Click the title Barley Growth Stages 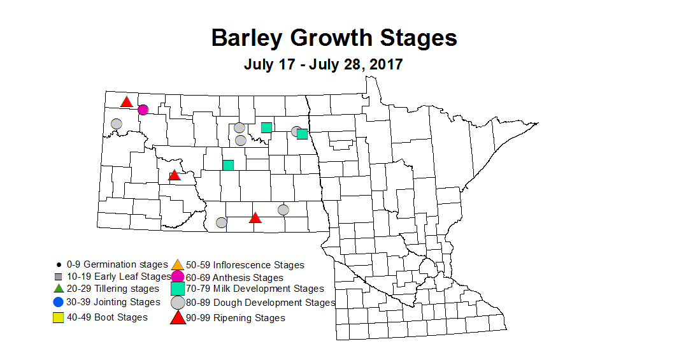coord(334,38)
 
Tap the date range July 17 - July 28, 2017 coord(323,64)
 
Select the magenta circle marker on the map coord(143,110)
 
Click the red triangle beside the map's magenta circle coord(127,102)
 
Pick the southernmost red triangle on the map coord(255,218)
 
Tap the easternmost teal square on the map coord(302,134)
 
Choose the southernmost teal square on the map coord(228,165)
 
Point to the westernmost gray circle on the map coord(117,124)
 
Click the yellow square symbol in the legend coord(58,317)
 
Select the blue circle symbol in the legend coord(58,302)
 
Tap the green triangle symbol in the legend coord(58,289)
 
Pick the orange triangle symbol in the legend coord(177,264)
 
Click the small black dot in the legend coord(58,264)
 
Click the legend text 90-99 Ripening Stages coord(236,318)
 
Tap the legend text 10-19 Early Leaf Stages coord(117,277)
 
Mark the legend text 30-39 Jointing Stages coord(113,302)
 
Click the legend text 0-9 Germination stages coord(117,264)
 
